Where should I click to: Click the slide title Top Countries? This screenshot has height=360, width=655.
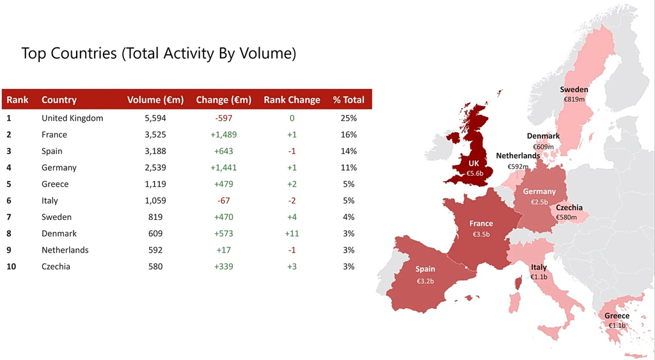[x=159, y=53]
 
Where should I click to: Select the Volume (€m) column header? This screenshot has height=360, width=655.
[x=155, y=100]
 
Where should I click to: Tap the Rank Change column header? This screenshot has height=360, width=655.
[x=292, y=100]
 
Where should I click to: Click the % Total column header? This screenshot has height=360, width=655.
[x=349, y=100]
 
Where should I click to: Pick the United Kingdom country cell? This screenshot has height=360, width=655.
[x=72, y=118]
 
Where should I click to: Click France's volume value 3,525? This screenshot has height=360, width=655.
[x=154, y=135]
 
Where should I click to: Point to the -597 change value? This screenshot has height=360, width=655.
[x=224, y=118]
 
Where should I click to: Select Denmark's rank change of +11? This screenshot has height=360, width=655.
[x=292, y=234]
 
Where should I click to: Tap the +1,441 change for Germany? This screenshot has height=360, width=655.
[x=224, y=168]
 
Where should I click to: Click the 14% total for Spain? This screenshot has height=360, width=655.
[x=349, y=152]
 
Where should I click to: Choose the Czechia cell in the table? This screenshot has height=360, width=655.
[x=56, y=267]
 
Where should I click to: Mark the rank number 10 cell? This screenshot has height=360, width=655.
[x=12, y=267]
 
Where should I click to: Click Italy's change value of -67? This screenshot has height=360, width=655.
[x=224, y=201]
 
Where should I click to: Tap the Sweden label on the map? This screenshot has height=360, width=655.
[x=574, y=90]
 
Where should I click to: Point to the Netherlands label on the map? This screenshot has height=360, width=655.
[x=517, y=155]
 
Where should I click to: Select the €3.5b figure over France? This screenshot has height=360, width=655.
[x=481, y=234]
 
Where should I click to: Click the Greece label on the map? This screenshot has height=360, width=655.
[x=617, y=316]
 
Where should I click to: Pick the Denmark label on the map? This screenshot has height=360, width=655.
[x=543, y=136]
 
